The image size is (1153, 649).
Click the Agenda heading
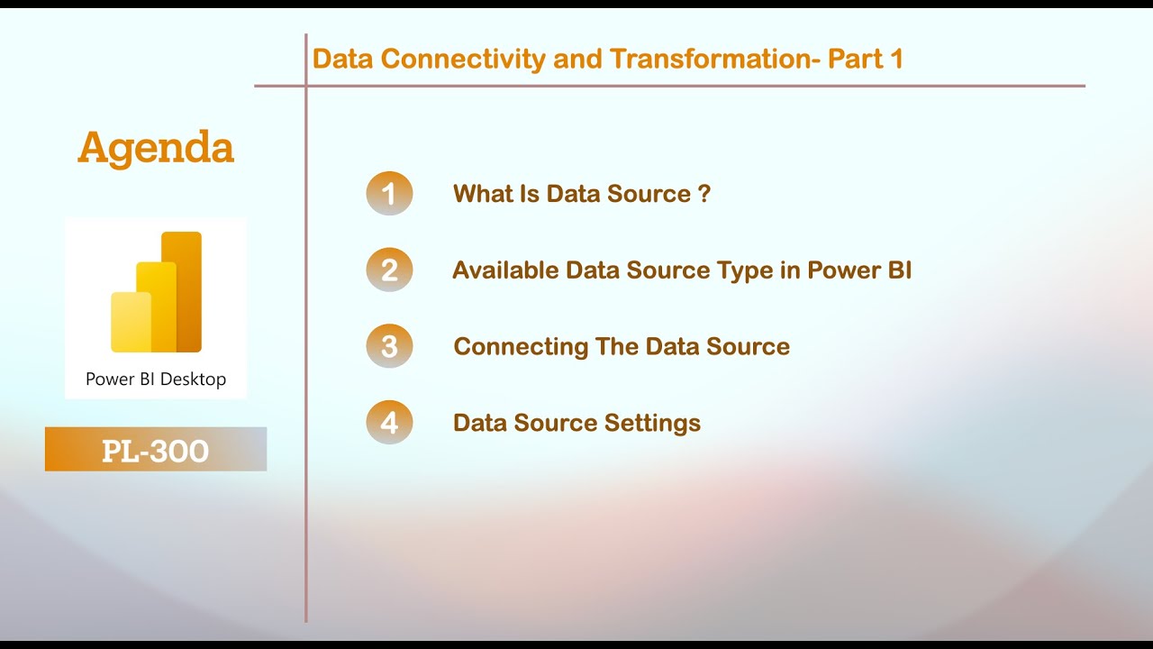click(x=156, y=148)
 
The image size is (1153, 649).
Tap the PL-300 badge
click(x=156, y=450)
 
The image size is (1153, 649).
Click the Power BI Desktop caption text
click(x=156, y=379)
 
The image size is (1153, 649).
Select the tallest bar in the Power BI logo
click(x=183, y=291)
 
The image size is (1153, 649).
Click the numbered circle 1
click(x=389, y=194)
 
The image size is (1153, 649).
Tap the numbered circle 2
click(x=389, y=270)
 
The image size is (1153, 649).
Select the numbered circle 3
click(x=389, y=347)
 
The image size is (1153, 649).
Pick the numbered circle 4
click(x=389, y=423)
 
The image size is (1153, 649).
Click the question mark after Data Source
click(x=704, y=194)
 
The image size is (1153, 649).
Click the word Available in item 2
click(x=505, y=270)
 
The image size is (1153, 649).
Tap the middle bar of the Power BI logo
click(x=156, y=306)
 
